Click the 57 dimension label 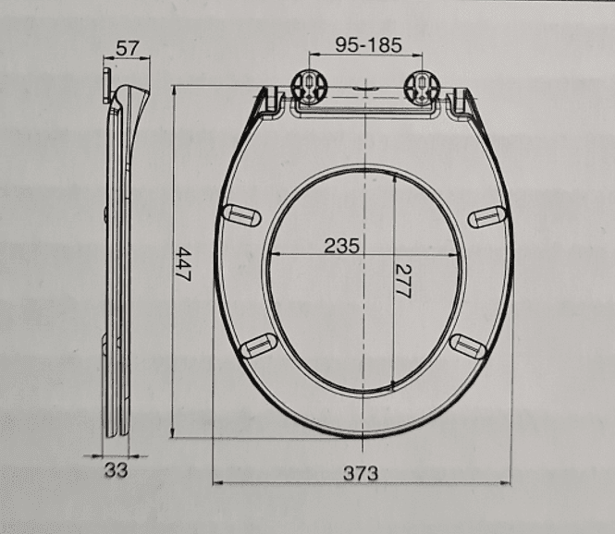pyautogui.click(x=128, y=49)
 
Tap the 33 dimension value pyautogui.click(x=117, y=470)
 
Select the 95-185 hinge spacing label pyautogui.click(x=368, y=45)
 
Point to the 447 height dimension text pyautogui.click(x=183, y=263)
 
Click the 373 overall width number pyautogui.click(x=361, y=473)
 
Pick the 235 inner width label pyautogui.click(x=341, y=246)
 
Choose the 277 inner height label pyautogui.click(x=403, y=281)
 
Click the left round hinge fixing pyautogui.click(x=309, y=88)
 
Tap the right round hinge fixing pyautogui.click(x=423, y=88)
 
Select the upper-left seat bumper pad pyautogui.click(x=241, y=215)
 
